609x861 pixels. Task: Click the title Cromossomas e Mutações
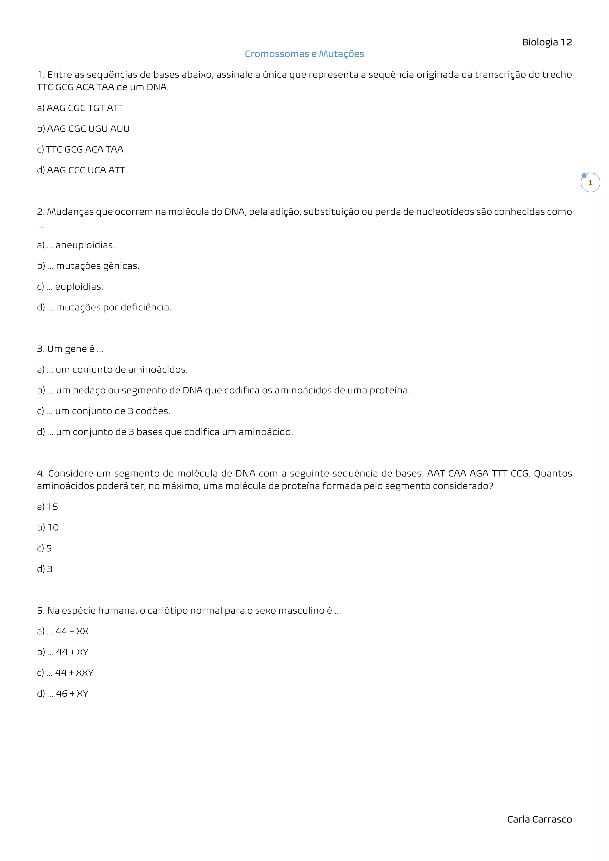coord(304,54)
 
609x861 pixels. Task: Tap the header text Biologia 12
coord(547,42)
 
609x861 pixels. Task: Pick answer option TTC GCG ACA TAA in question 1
coord(84,149)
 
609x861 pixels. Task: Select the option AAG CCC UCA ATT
coord(86,170)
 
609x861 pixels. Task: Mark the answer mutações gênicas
coord(98,266)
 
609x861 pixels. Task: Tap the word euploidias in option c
coord(79,287)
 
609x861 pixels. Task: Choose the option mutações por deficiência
coord(113,307)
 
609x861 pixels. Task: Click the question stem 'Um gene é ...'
coord(70,349)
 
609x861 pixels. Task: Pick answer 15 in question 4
coord(53,507)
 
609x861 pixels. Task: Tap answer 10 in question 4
coord(53,528)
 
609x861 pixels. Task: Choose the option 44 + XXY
coord(74,673)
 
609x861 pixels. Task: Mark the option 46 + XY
coord(72,693)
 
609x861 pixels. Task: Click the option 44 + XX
coord(72,631)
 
